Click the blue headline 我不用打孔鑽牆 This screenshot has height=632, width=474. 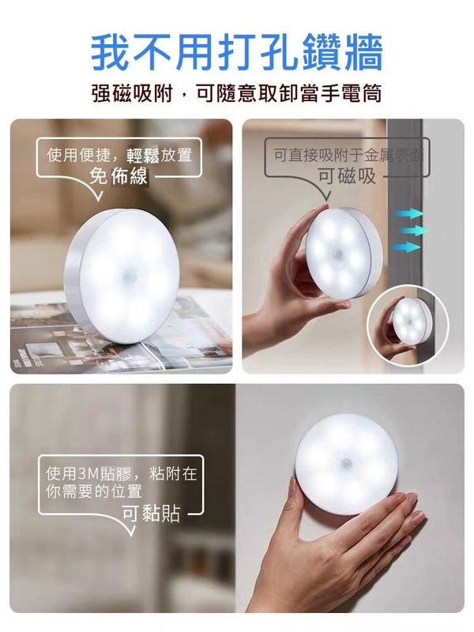pos(236,52)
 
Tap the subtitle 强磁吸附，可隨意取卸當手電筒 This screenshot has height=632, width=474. pos(236,93)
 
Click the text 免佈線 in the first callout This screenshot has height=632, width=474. pos(118,176)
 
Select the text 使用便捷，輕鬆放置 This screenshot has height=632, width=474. pos(119,155)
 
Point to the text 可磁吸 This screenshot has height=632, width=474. pos(347,176)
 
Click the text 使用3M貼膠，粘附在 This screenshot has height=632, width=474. pos(121,473)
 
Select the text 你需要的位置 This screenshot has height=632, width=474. pos(94,491)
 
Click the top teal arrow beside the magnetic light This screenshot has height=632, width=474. pos(408,213)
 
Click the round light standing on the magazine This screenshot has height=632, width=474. pos(122,276)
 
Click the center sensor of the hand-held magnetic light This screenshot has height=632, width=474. pos(338,254)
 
